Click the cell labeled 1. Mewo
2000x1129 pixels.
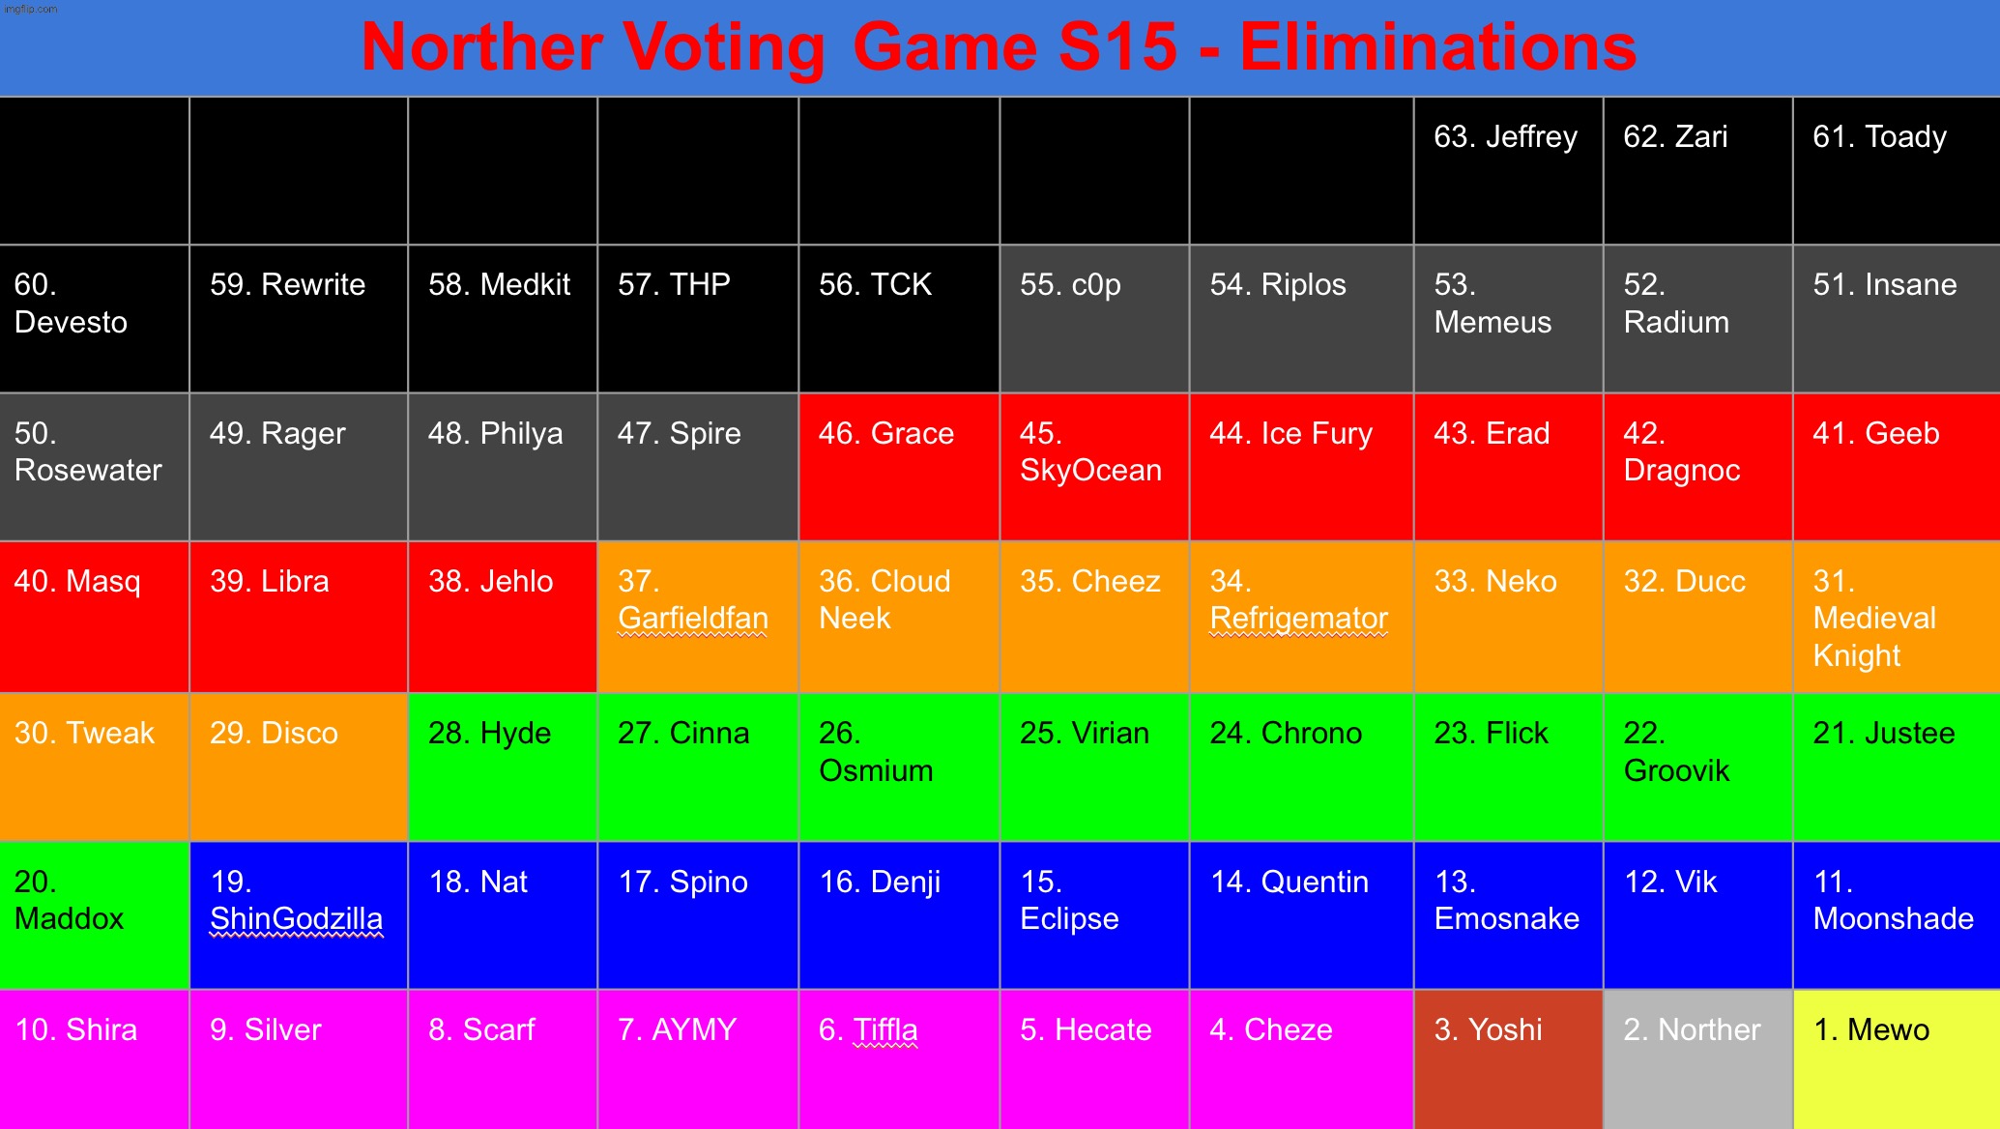pos(1896,1058)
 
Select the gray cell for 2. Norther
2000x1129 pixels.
pos(1697,1058)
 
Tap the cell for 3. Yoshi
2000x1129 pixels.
pos(1508,1058)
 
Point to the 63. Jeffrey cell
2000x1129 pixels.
pos(1508,170)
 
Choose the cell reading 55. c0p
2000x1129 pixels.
pos(1094,319)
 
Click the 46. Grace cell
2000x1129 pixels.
pos(899,467)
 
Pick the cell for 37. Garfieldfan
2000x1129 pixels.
pos(698,617)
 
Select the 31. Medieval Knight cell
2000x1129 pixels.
pos(1896,617)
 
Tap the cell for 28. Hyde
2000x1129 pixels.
pos(503,767)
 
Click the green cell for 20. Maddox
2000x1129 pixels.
pos(94,915)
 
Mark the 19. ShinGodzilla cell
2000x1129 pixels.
pos(299,915)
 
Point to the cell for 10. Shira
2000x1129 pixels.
pos(94,1058)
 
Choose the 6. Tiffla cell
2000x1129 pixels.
pos(899,1058)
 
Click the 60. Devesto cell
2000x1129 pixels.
pos(94,319)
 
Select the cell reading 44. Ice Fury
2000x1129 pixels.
pos(1301,467)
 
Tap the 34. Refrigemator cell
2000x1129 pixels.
pos(1301,617)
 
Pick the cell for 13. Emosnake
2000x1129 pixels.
pos(1508,915)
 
